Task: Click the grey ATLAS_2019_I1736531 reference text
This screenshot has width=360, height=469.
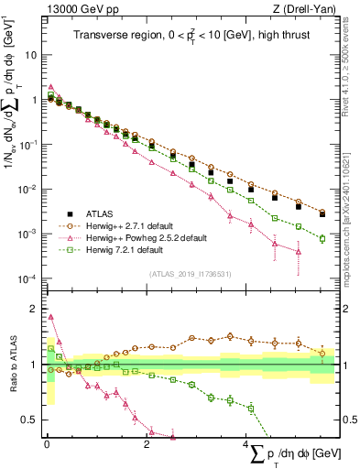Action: [190, 274]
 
